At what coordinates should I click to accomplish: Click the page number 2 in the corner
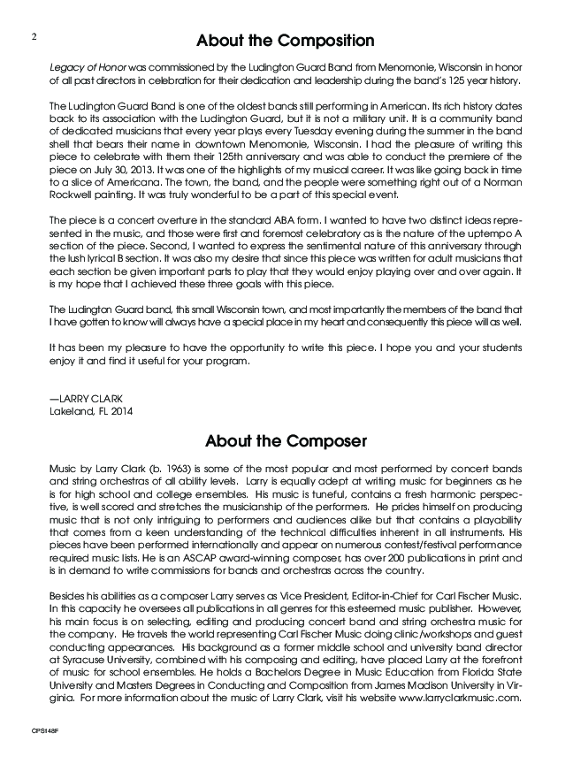[x=32, y=36]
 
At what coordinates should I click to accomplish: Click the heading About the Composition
[x=286, y=41]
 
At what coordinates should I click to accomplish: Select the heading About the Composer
[x=286, y=439]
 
